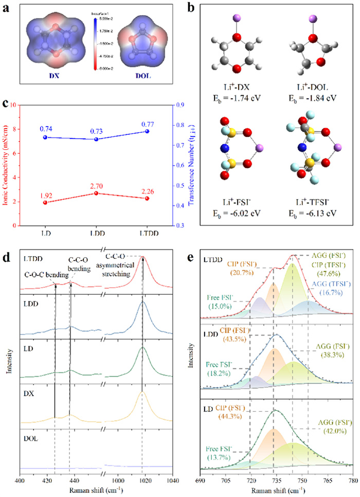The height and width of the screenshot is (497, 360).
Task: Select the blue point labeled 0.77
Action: pyautogui.click(x=147, y=131)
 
